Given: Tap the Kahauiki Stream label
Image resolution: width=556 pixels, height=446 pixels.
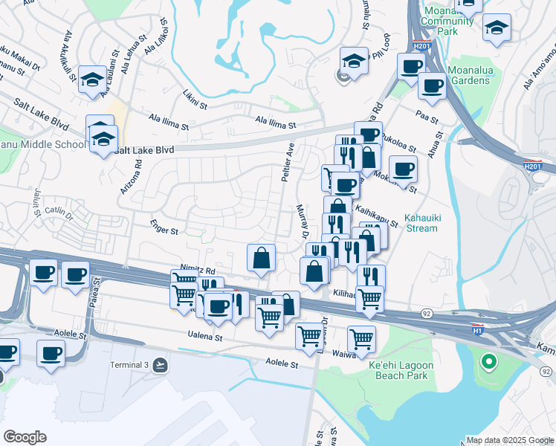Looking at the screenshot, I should coord(421,224).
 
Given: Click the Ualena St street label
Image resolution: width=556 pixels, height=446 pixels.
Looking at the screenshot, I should coord(207,337).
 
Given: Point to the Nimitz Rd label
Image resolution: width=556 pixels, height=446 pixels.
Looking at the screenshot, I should coord(197,271).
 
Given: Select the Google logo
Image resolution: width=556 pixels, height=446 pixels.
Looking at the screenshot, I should coord(25,436).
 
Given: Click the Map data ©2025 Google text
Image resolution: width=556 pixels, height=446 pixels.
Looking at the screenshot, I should coord(509,439).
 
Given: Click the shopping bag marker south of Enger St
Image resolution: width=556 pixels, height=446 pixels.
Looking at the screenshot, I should coord(262,259).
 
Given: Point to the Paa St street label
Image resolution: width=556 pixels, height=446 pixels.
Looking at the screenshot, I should coord(427,115).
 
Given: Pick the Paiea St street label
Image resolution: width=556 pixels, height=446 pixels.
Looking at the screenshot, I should coord(94,300).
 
